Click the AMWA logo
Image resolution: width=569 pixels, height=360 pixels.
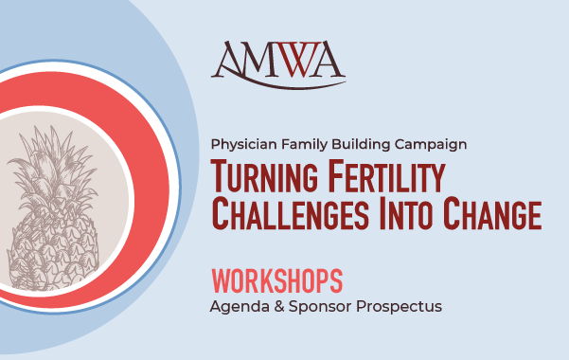pos(278,64)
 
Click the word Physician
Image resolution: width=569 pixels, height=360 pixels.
pos(244,145)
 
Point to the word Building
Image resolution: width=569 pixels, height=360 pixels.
pos(361,144)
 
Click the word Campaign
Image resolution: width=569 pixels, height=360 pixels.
pos(431,145)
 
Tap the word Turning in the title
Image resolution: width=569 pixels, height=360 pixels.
pos(264,176)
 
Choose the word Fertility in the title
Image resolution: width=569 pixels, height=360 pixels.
pos(386,176)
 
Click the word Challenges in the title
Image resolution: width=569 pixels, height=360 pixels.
pos(290,213)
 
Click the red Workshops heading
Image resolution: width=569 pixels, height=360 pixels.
pos(277,280)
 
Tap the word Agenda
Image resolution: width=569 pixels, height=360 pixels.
pos(240,307)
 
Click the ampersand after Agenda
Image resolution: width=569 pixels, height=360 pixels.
pos(279,306)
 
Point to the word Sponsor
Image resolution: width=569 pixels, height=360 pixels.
pos(320,307)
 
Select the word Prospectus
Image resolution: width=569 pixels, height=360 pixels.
pos(399,307)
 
